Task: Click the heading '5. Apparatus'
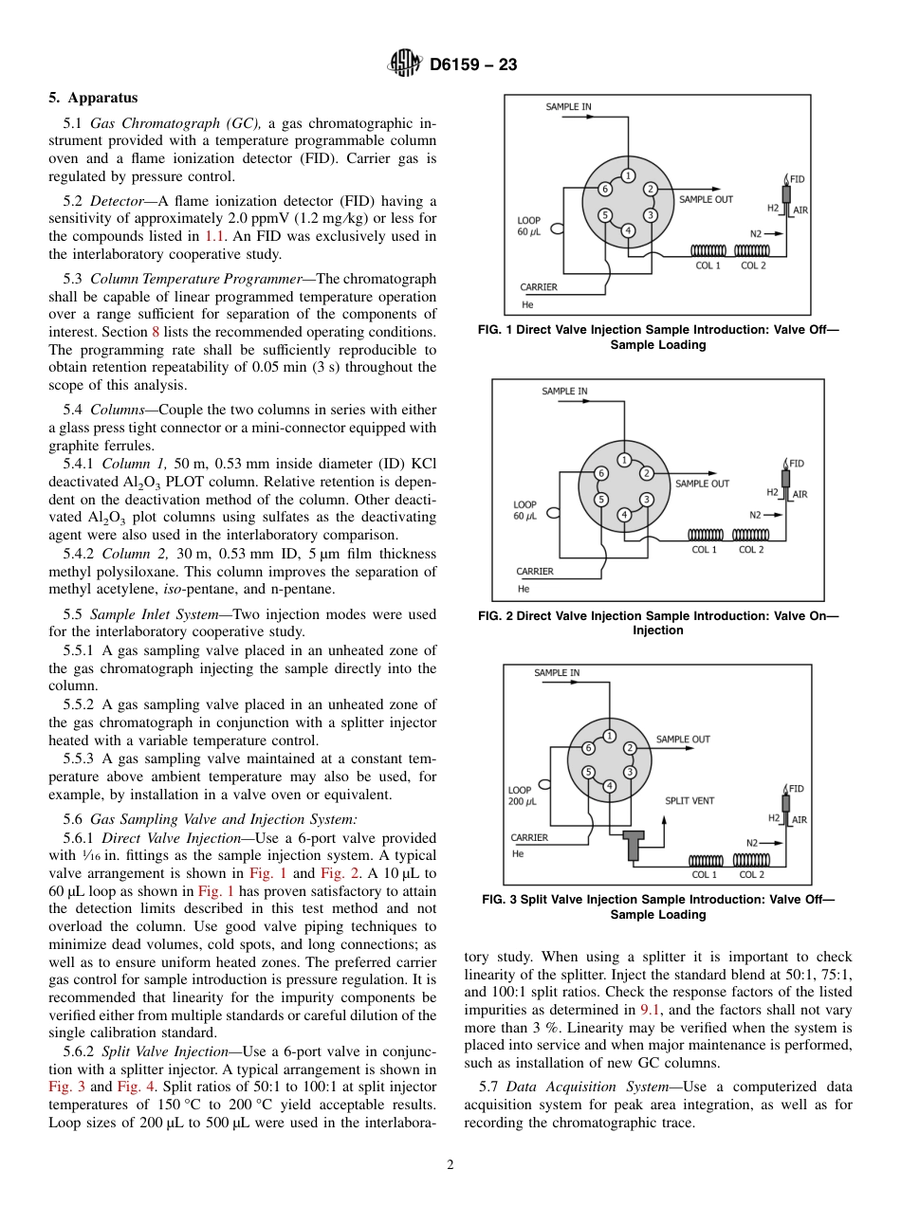point(93,98)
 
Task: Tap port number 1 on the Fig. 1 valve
point(627,174)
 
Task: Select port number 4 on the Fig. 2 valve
point(623,514)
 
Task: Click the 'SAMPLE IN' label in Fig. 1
point(568,107)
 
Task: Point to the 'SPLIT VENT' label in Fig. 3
point(690,800)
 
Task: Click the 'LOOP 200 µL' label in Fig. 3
point(523,795)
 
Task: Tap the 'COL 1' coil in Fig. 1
point(708,250)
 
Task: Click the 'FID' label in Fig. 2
point(797,463)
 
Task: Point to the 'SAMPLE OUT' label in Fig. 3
point(683,739)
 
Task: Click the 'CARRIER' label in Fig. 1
point(539,287)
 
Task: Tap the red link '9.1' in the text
point(651,1010)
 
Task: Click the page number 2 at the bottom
point(450,1165)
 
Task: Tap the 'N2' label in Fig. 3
point(752,842)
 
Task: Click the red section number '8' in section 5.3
point(156,332)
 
